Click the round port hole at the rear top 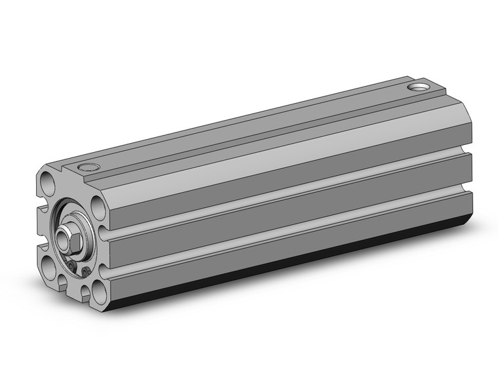(x=416, y=86)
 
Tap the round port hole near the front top (x=85, y=168)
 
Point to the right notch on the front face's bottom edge (x=82, y=293)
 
